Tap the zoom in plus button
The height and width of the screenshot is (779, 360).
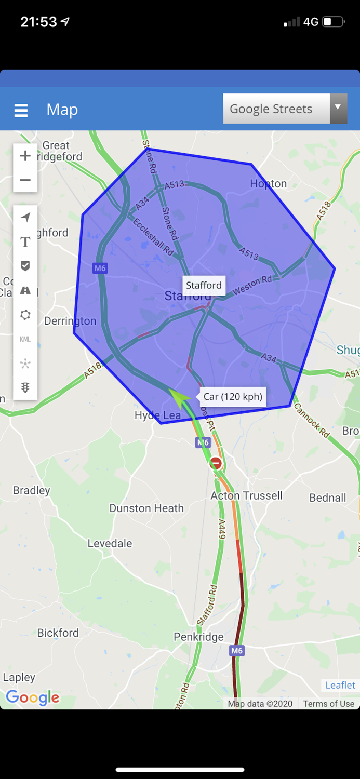tap(25, 156)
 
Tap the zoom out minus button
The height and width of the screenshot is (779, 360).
tap(25, 180)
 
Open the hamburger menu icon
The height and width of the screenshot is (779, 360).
tap(21, 110)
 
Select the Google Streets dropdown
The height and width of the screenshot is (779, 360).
tap(285, 109)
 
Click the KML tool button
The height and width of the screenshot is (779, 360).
tap(25, 339)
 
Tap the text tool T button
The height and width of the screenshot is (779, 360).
tap(25, 241)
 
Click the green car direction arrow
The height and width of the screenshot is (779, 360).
tap(179, 397)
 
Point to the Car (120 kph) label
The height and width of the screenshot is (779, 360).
tap(233, 397)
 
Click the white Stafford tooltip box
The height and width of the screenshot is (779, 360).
tap(204, 285)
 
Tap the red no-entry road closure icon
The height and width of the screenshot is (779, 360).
tap(216, 463)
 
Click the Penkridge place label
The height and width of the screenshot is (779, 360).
tap(198, 637)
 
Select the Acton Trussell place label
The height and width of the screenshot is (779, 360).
tap(246, 495)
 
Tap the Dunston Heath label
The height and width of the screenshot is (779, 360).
tap(146, 508)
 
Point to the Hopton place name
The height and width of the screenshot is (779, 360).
tap(268, 183)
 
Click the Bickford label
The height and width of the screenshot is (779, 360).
tap(58, 633)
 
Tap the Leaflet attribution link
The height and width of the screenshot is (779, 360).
tap(340, 685)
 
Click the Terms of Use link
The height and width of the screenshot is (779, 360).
tap(328, 704)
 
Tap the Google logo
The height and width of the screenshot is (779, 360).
tap(32, 697)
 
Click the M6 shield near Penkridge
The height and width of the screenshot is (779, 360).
tap(236, 650)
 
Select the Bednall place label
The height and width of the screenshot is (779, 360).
tap(327, 498)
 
